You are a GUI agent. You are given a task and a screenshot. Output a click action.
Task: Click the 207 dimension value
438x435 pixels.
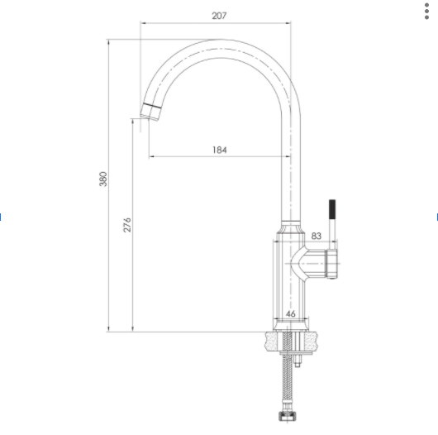click(219, 16)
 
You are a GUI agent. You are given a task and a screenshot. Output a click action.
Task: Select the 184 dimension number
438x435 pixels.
click(220, 151)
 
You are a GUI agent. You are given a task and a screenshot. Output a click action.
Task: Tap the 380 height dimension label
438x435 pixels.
click(103, 179)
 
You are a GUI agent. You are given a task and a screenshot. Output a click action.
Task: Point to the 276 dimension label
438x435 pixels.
click(126, 225)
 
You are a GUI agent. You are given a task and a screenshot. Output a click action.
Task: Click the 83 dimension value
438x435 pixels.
click(316, 236)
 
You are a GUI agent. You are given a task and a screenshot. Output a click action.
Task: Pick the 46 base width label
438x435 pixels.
click(291, 314)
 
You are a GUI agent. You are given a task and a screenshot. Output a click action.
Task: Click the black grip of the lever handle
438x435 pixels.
click(332, 209)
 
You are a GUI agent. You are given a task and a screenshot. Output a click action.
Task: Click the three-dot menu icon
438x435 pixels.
click(426, 12)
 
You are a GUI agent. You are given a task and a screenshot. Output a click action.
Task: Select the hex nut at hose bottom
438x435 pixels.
click(287, 416)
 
